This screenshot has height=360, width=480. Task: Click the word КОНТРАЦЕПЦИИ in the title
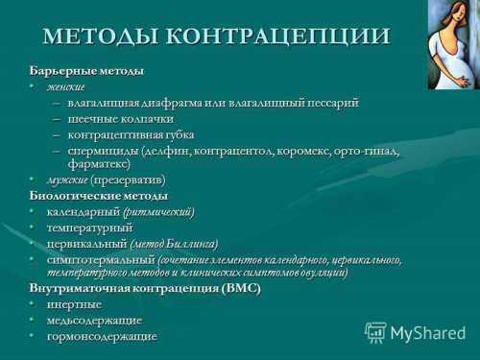278,36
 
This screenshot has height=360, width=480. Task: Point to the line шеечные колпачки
120,119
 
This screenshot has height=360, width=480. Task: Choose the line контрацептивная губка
131,134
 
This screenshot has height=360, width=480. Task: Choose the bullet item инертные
74,304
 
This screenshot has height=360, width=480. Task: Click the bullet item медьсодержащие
94,320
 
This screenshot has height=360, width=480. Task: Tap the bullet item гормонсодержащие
102,336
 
